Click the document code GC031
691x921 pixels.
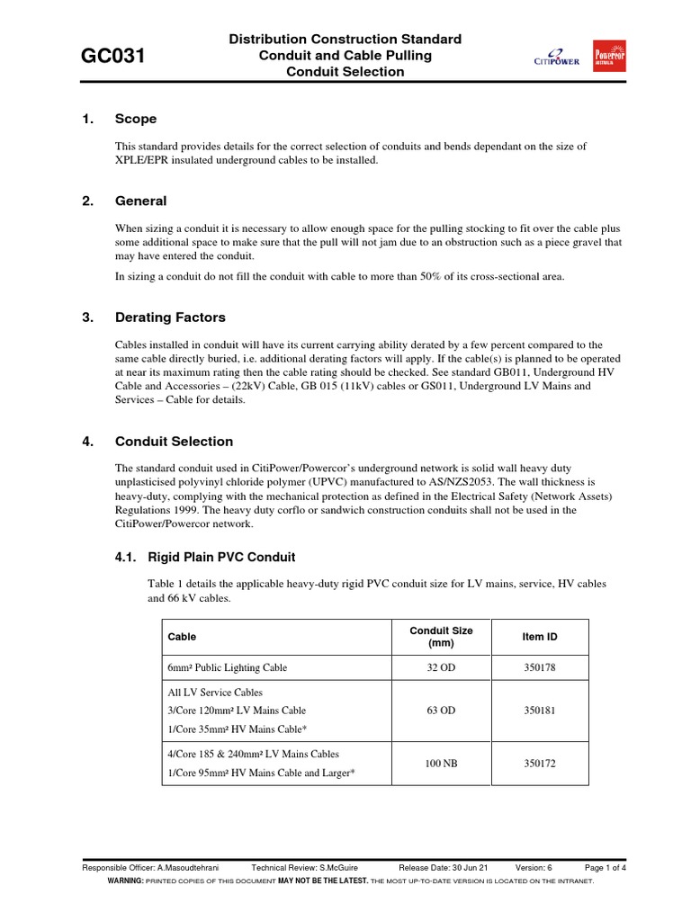[x=113, y=57]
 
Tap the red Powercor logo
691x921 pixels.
[x=609, y=56]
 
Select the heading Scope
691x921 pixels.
[x=136, y=119]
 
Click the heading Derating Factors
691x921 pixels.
[x=170, y=317]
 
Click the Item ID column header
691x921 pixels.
[x=540, y=637]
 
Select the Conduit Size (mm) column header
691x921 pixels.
[x=441, y=637]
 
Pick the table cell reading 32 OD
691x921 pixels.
[x=441, y=667]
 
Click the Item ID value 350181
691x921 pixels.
[x=540, y=711]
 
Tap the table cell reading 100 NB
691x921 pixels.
[x=441, y=764]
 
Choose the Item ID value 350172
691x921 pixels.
[x=540, y=764]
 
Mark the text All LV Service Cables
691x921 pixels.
[x=215, y=693]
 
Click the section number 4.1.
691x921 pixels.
[x=126, y=557]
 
